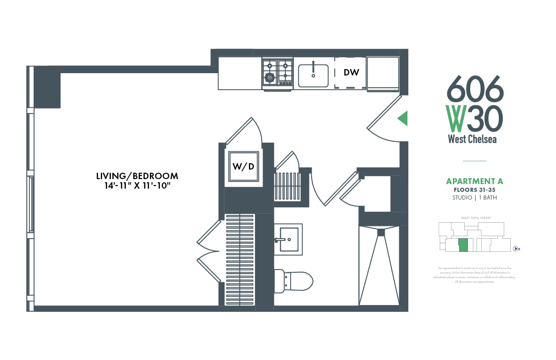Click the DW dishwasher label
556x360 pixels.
[352, 72]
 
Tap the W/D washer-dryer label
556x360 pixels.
[243, 166]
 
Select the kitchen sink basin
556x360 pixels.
[313, 75]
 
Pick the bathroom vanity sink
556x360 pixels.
[288, 239]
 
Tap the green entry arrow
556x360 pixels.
[402, 119]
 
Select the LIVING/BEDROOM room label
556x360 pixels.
[137, 176]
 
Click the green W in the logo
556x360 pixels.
[455, 118]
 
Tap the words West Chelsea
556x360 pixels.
[472, 139]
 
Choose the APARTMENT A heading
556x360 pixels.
[474, 181]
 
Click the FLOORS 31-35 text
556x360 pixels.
[474, 190]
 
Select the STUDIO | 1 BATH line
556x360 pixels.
[474, 198]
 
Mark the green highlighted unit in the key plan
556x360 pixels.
[463, 245]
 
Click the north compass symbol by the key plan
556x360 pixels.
[516, 248]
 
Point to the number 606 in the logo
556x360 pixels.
[475, 89]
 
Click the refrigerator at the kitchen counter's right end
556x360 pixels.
[382, 72]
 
